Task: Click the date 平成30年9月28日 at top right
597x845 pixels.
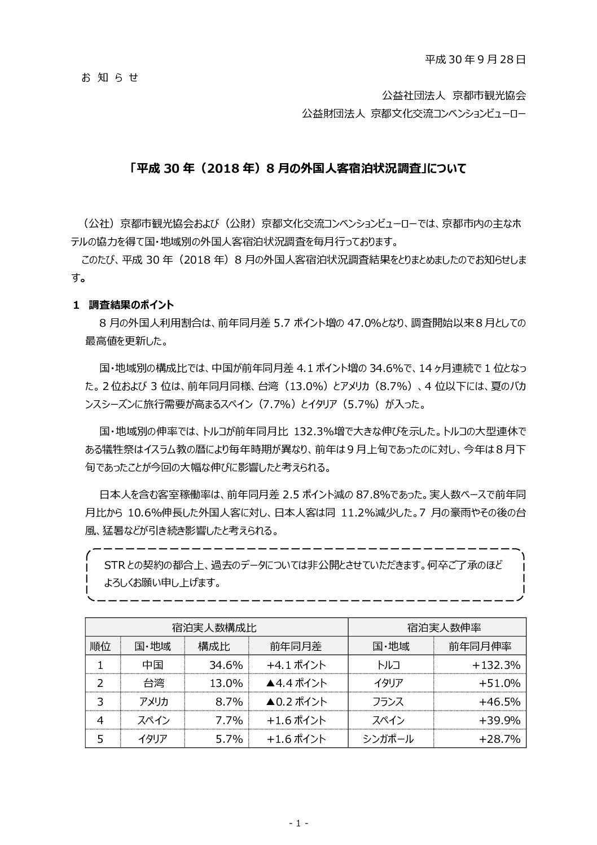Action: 475,59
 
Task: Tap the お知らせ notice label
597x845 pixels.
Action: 110,77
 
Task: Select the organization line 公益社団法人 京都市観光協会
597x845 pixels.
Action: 454,95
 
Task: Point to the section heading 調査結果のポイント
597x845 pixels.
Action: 131,305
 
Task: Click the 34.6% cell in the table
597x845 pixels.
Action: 226,664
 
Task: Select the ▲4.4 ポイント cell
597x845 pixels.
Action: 296,683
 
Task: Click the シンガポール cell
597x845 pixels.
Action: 389,738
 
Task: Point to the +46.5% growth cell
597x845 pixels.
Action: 499,702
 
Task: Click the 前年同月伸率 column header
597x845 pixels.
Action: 479,646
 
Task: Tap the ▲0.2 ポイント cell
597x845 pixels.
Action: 296,702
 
